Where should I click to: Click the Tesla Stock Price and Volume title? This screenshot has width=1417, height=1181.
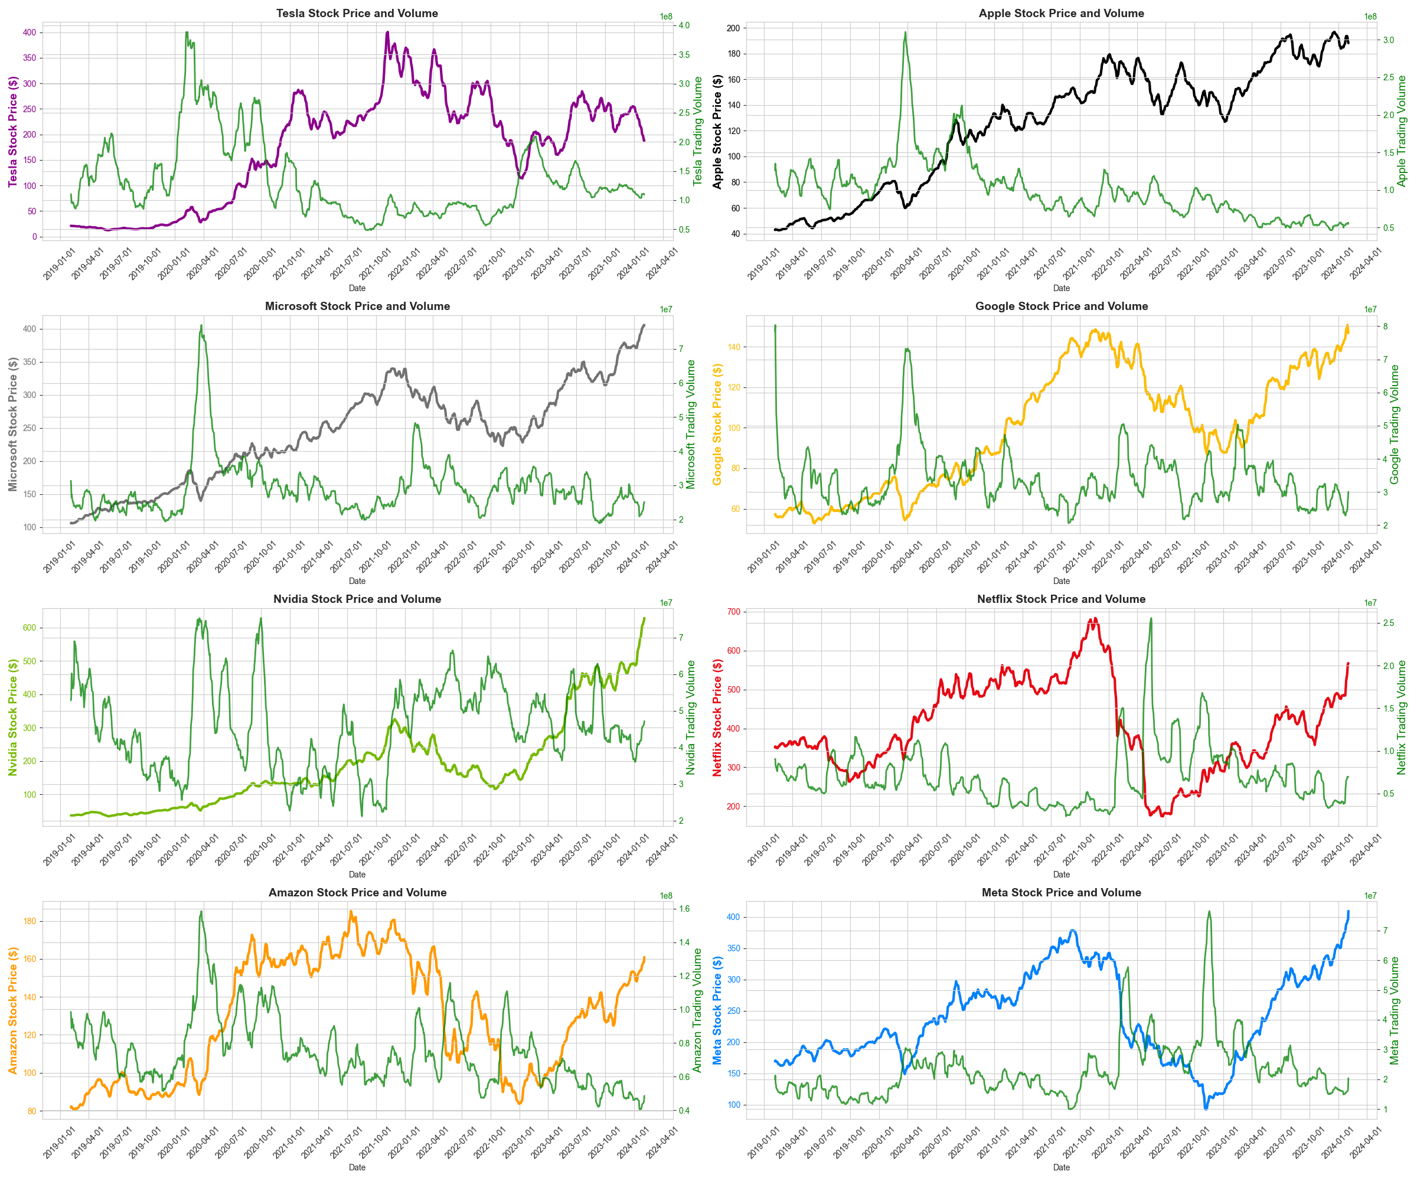pos(357,13)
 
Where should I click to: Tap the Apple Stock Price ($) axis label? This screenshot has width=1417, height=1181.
pos(717,132)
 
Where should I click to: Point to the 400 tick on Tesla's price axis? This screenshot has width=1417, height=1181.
pos(29,32)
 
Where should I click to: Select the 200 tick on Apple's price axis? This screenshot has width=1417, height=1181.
pos(733,28)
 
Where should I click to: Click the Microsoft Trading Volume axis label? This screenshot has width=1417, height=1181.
pos(690,425)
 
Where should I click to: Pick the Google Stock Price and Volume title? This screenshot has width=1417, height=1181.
pos(1061,306)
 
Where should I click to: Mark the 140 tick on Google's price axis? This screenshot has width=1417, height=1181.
pos(733,347)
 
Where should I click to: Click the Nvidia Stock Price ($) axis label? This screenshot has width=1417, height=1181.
pos(13,717)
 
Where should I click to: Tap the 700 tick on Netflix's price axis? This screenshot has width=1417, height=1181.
pos(733,612)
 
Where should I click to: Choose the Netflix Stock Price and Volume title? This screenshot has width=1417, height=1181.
pos(1061,599)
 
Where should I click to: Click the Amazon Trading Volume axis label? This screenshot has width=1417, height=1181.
pos(697,1010)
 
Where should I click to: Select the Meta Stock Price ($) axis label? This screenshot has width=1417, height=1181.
pos(717,1010)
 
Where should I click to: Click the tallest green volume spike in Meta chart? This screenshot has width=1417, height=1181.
pos(1209,912)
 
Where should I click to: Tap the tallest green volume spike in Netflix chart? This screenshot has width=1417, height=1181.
pos(1151,619)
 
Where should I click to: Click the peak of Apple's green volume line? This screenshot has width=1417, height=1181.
pos(905,32)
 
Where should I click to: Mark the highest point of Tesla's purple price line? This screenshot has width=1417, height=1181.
pos(387,32)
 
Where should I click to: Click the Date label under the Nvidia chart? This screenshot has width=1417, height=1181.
pos(357,874)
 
